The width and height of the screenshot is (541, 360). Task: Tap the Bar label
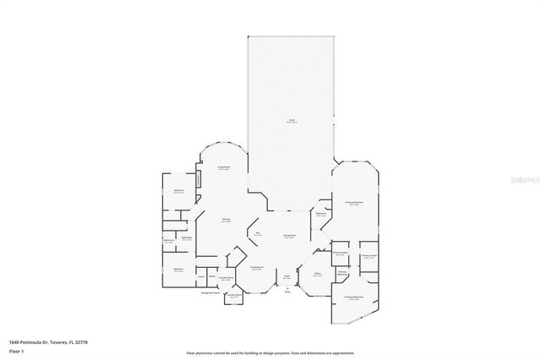click(x=257, y=233)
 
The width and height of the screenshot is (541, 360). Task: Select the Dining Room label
click(x=257, y=268)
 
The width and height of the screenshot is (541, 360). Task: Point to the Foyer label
click(x=287, y=277)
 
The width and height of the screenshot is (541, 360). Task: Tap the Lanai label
click(x=290, y=122)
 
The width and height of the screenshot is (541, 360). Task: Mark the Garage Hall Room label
click(x=210, y=292)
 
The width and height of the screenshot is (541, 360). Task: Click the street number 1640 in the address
click(x=14, y=342)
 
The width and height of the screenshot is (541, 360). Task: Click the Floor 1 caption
click(x=15, y=350)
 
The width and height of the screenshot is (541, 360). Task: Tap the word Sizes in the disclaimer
click(x=298, y=352)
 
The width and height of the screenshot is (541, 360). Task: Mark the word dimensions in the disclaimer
click(x=320, y=352)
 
